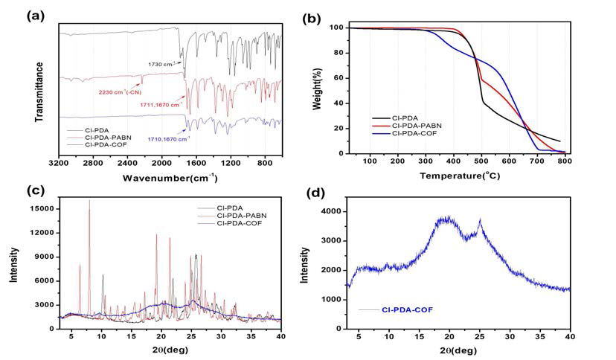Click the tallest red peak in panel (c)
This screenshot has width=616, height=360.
coord(89,201)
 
